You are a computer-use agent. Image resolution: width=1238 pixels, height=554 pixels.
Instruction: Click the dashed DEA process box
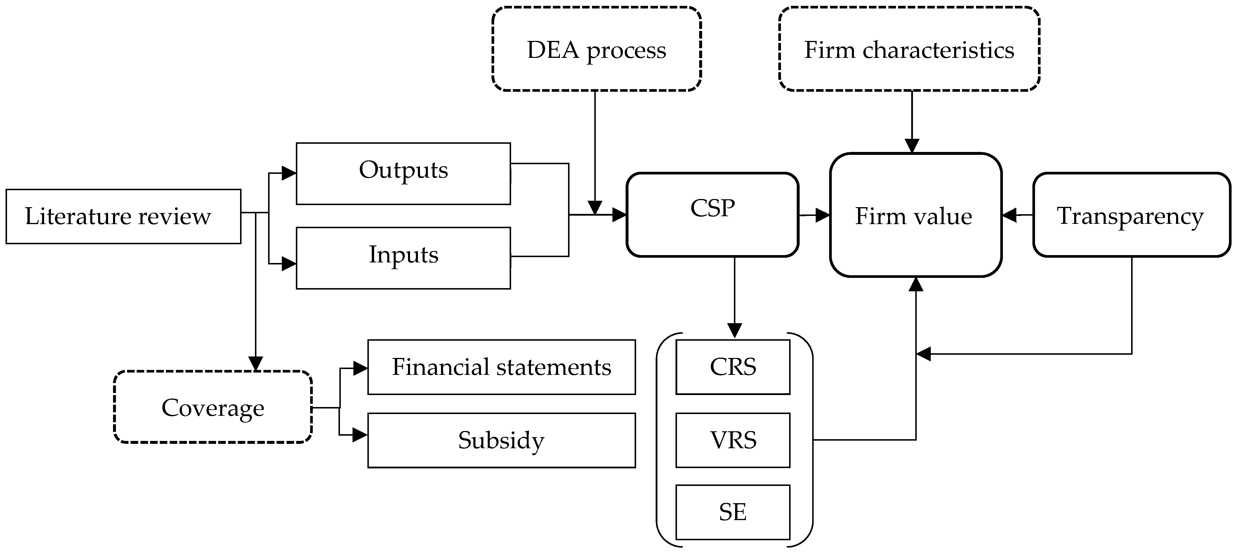coord(596,49)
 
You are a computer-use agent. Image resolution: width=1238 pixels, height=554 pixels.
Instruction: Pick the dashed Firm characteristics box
coord(909,49)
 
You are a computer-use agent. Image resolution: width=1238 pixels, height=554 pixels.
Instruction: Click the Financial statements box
coord(501,367)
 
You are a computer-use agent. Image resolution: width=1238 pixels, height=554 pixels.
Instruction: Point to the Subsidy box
coord(501,440)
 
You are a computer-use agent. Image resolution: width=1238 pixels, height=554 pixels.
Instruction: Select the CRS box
coord(732,367)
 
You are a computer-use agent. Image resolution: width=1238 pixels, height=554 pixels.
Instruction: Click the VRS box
coord(732,440)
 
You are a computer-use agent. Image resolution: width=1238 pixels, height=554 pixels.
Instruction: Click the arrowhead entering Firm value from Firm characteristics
coord(912,146)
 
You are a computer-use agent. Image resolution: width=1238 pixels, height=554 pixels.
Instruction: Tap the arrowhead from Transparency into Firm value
coord(1010,215)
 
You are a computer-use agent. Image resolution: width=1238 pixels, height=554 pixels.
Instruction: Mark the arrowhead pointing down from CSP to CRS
coord(734,331)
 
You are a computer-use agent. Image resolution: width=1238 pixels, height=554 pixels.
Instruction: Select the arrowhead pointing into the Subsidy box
coord(360,435)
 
